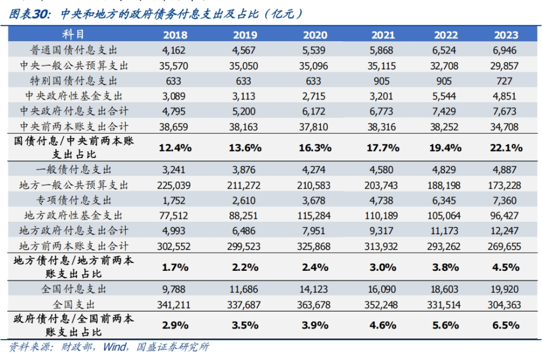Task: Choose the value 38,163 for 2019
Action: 244,127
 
